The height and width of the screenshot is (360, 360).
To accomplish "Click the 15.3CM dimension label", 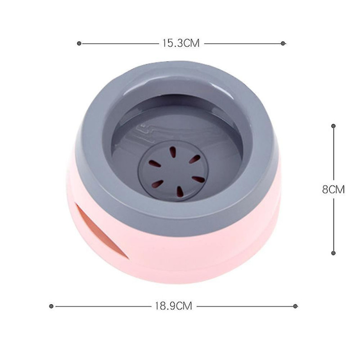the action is tap(181, 43).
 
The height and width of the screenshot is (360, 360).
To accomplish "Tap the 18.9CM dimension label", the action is tap(174, 306).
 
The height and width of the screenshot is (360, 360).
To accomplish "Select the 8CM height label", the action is tap(333, 189).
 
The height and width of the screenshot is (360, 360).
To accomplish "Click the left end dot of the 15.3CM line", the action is tap(79, 43).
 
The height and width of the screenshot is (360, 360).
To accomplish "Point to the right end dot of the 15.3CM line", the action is tap(283, 43).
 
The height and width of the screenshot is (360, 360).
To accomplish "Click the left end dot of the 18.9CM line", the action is tap(51, 306).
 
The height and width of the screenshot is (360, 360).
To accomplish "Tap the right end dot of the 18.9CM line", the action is tap(296, 306).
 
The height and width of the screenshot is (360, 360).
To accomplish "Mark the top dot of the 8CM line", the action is tap(333, 126).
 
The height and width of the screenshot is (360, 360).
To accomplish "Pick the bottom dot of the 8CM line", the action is tap(333, 253).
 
